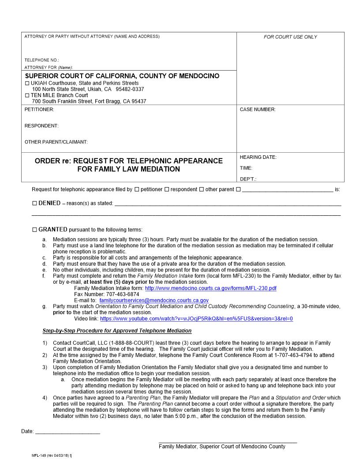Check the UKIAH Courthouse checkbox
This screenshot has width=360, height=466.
click(27, 83)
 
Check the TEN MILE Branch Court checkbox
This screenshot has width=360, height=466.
click(27, 95)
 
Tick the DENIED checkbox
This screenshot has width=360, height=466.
click(35, 203)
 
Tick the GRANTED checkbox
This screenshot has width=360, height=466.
click(35, 230)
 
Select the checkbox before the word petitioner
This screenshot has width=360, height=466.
click(137, 189)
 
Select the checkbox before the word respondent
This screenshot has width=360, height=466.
click(167, 189)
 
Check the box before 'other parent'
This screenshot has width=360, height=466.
click(202, 189)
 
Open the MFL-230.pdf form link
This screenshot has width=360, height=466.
click(210, 288)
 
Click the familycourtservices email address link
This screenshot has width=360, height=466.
click(154, 300)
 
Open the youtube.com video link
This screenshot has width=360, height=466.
click(196, 319)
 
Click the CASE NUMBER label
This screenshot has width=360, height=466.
click(257, 109)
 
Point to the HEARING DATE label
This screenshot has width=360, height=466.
click(258, 157)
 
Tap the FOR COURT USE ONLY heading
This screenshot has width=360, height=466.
click(290, 37)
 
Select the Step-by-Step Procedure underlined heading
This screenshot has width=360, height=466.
click(117, 331)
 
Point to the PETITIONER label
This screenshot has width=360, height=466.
click(39, 109)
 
